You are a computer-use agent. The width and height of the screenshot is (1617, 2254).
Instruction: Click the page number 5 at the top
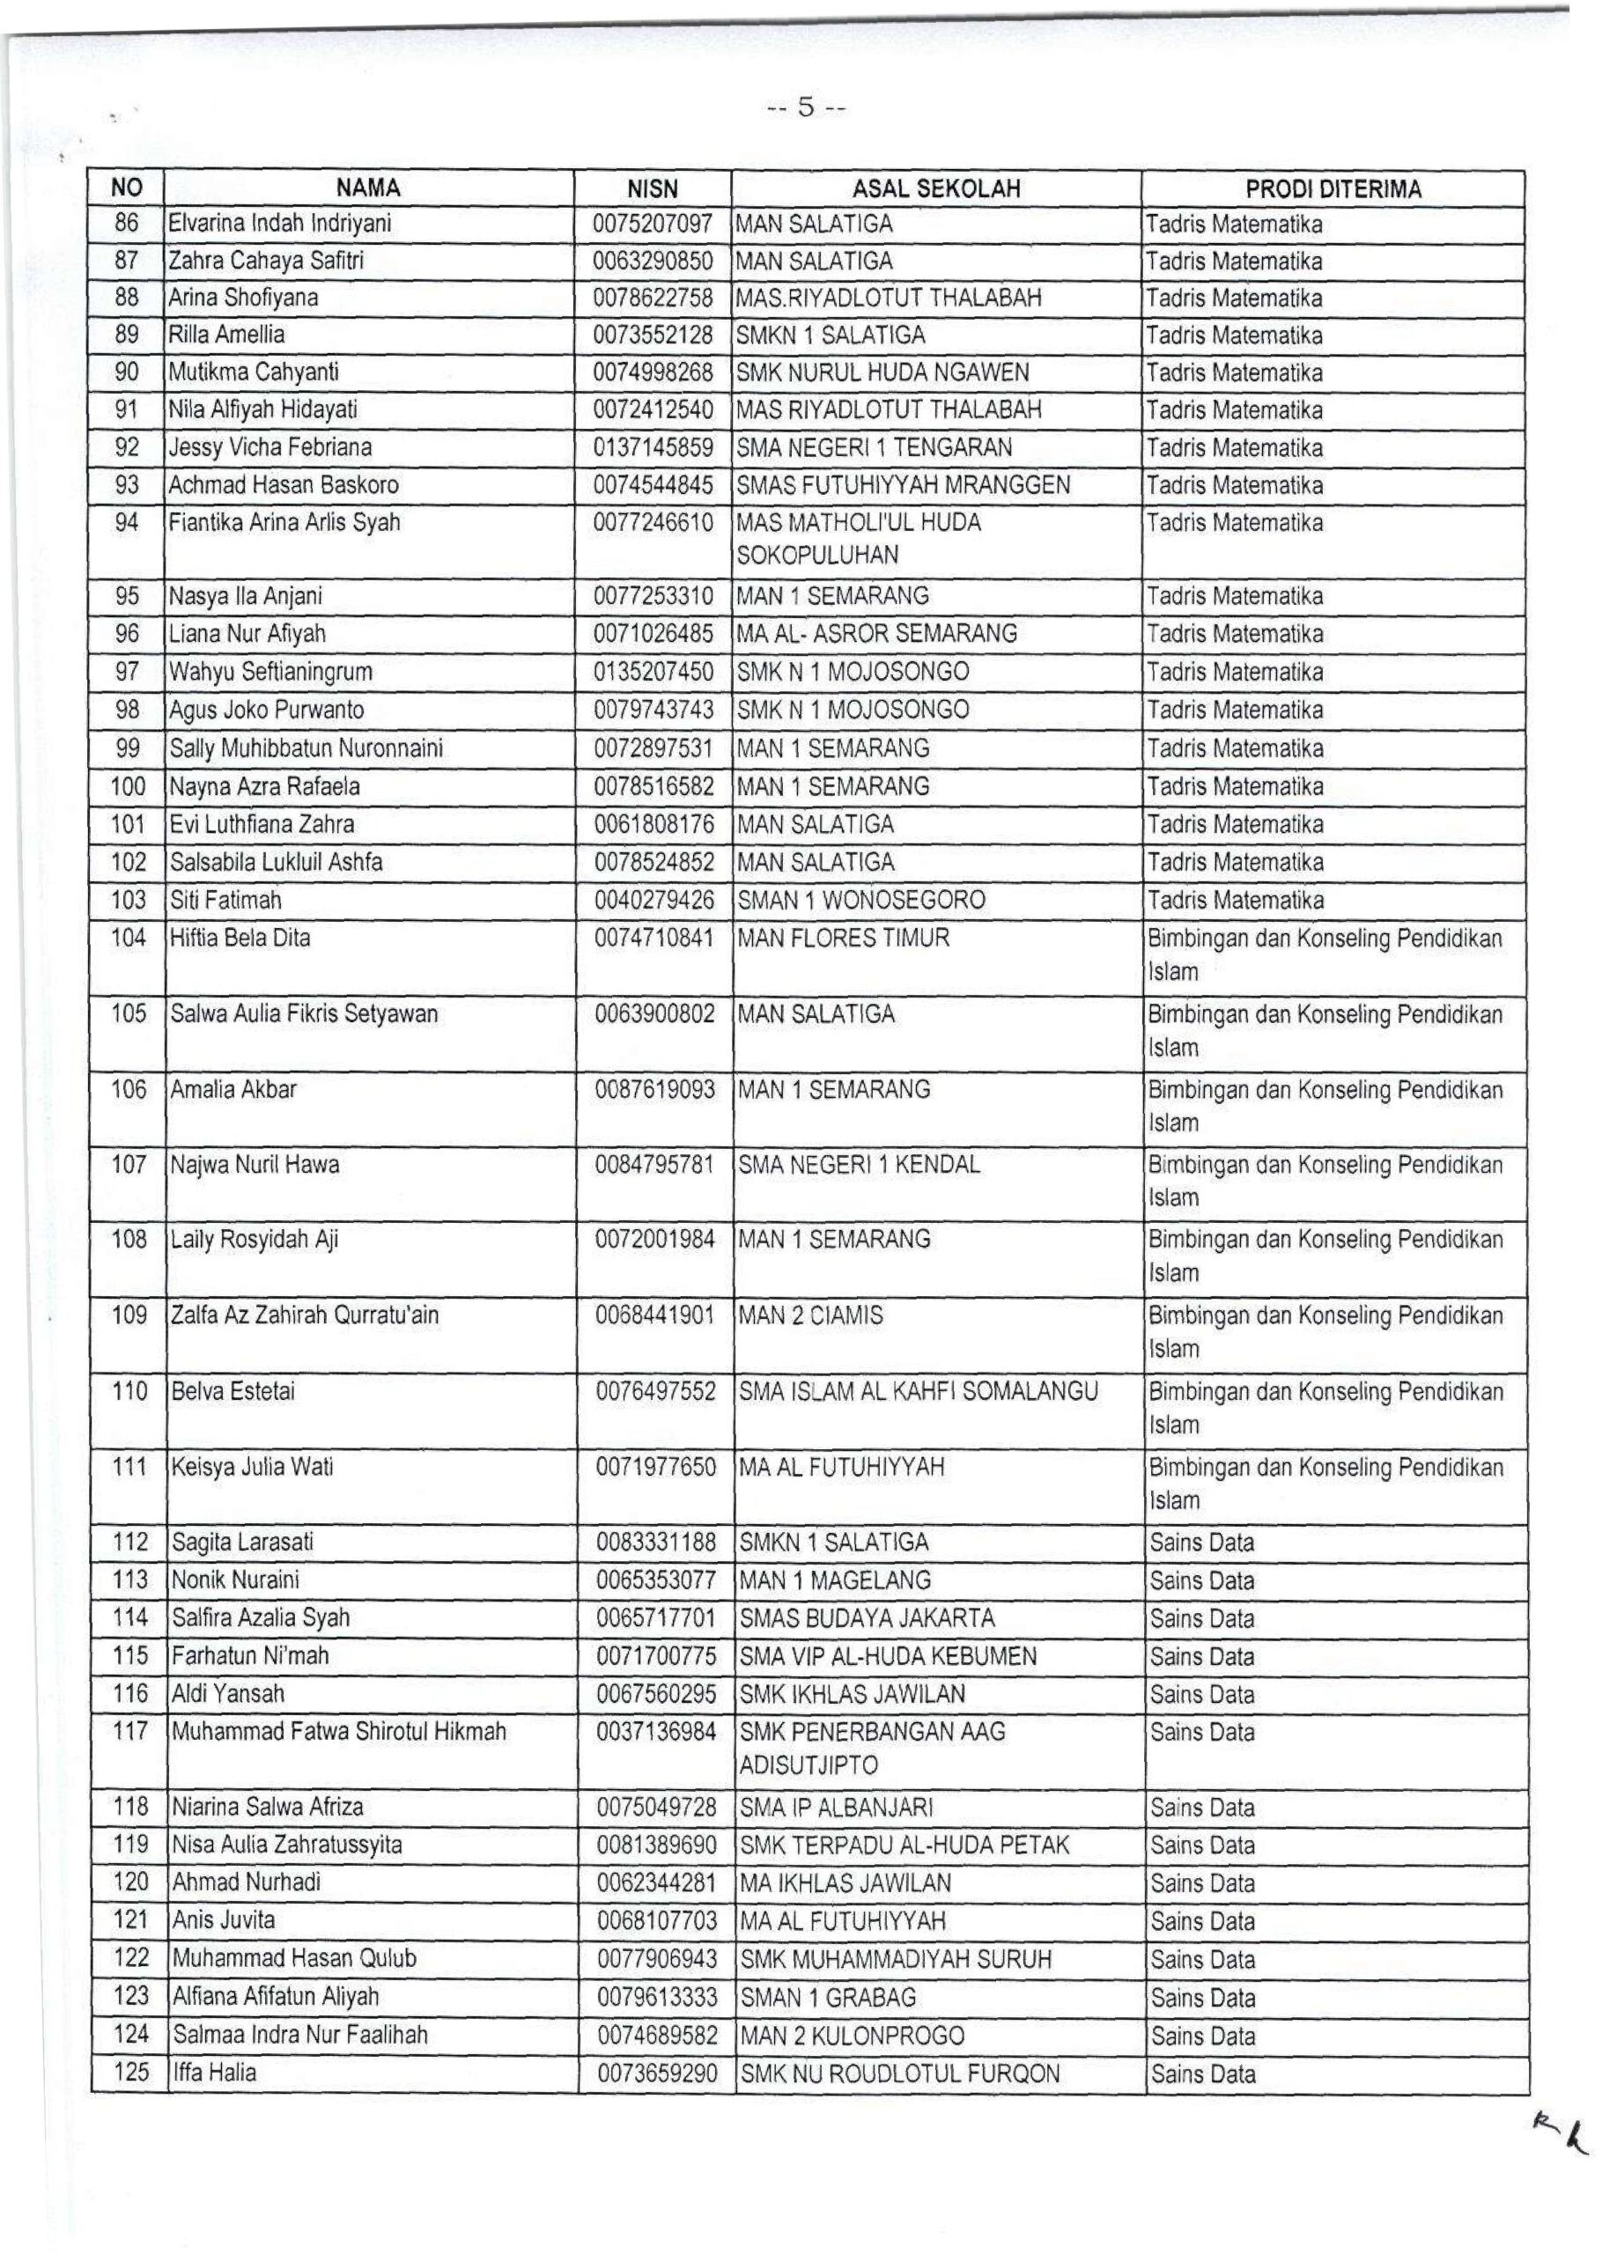click(806, 107)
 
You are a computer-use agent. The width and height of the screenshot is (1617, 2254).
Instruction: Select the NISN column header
click(652, 188)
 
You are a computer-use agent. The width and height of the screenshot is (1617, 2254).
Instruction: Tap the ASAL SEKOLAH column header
click(935, 188)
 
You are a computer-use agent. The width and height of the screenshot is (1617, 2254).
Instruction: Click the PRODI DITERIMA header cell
click(1333, 188)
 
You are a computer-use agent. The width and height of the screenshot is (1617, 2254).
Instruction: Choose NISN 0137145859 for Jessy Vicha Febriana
click(653, 447)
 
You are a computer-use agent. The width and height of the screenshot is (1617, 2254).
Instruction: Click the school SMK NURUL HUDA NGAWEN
click(882, 372)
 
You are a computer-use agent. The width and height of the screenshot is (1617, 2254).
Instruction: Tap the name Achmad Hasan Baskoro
click(284, 485)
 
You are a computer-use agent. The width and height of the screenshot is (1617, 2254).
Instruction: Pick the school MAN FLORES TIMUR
click(843, 937)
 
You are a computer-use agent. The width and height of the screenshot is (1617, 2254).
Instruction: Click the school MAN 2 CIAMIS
click(810, 1315)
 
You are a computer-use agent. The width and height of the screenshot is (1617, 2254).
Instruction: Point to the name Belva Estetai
click(233, 1390)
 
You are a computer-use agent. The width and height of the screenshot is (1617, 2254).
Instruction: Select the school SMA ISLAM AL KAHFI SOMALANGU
click(919, 1390)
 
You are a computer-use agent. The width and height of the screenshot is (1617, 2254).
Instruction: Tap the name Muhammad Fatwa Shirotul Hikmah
click(339, 1731)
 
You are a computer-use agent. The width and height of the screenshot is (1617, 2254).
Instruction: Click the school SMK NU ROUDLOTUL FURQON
click(899, 2074)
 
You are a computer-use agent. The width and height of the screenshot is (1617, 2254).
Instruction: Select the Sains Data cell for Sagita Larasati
click(1201, 1543)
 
